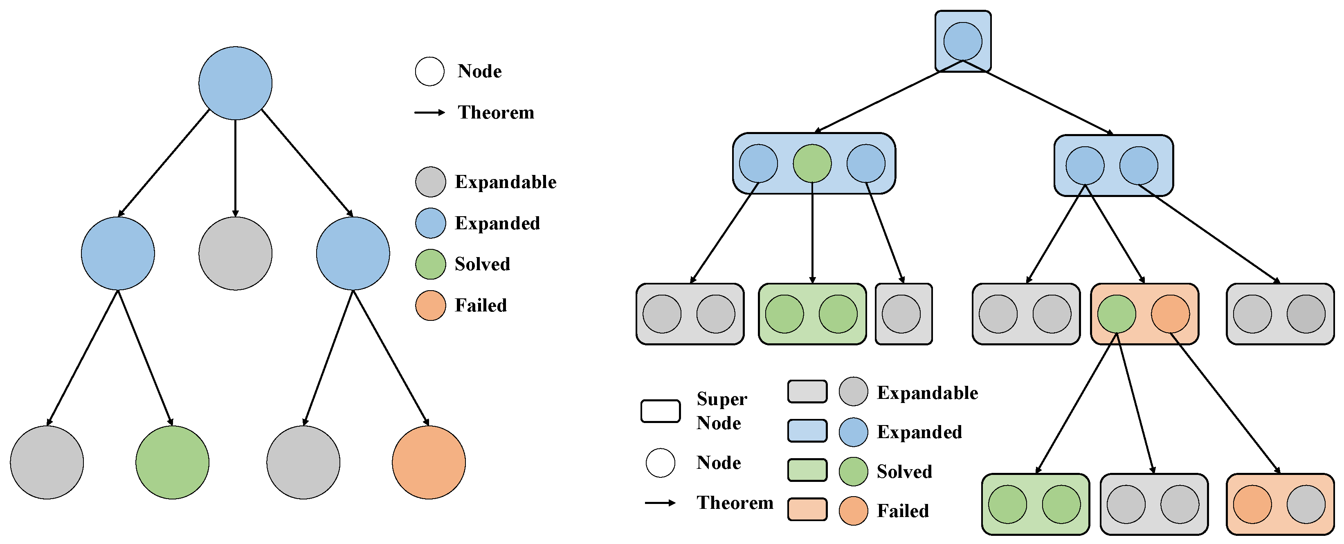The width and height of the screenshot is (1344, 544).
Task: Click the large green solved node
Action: click(172, 462)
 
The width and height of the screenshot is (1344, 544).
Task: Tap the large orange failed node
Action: click(428, 462)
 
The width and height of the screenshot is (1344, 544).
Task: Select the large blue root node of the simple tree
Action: click(235, 83)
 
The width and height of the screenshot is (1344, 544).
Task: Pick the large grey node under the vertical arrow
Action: click(235, 253)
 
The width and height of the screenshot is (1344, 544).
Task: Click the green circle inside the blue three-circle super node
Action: click(812, 163)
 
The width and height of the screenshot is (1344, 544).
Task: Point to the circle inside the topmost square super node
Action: click(963, 41)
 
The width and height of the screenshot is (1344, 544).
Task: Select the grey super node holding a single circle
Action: click(903, 314)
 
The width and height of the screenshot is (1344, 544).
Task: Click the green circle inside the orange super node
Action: click(1117, 314)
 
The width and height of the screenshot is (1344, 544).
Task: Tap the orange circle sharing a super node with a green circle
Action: click(1170, 314)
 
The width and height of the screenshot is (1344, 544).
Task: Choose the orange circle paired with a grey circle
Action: click(1252, 504)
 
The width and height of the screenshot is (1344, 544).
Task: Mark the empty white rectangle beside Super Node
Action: click(660, 411)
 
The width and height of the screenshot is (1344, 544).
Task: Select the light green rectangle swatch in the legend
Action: click(807, 470)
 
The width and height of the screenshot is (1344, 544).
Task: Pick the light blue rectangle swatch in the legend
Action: click(807, 431)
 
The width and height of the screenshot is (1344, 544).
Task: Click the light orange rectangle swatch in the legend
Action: click(807, 509)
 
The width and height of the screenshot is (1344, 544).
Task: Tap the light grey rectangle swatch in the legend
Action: click(807, 392)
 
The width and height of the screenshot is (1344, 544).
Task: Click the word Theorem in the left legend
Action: click(496, 113)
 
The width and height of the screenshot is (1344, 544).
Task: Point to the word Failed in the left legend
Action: click(481, 306)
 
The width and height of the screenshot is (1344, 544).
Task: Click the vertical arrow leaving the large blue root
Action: click(235, 167)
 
